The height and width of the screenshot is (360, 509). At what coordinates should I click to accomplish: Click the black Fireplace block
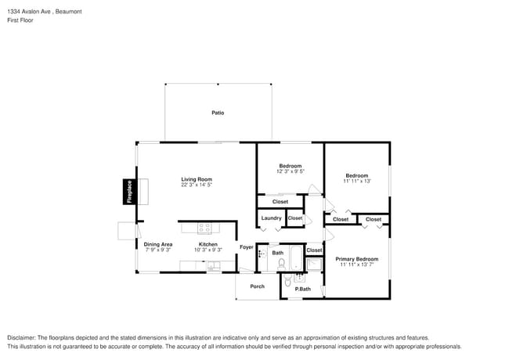pyautogui.click(x=129, y=192)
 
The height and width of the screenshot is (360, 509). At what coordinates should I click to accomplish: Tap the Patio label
pyautogui.click(x=218, y=113)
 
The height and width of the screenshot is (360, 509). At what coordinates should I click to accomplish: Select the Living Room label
pyautogui.click(x=197, y=179)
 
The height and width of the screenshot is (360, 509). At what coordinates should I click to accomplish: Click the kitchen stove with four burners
pyautogui.click(x=205, y=229)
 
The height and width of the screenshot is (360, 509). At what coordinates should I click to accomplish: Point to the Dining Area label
pyautogui.click(x=158, y=244)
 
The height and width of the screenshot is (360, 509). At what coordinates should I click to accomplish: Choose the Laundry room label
pyautogui.click(x=272, y=218)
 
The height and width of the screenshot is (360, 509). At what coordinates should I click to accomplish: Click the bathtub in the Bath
pyautogui.click(x=296, y=258)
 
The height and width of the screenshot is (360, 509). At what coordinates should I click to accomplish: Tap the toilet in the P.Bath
pyautogui.click(x=287, y=280)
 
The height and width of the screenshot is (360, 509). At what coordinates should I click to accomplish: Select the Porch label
pyautogui.click(x=258, y=286)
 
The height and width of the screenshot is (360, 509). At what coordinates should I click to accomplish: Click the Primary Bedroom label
pyautogui.click(x=357, y=259)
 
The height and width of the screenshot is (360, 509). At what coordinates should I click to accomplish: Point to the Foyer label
pyautogui.click(x=247, y=247)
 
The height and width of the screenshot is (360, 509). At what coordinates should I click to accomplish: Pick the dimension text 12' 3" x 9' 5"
pyautogui.click(x=291, y=171)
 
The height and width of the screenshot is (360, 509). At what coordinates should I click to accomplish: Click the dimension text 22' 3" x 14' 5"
pyautogui.click(x=197, y=185)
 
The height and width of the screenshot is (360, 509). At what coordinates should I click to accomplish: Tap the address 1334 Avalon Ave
pyautogui.click(x=29, y=12)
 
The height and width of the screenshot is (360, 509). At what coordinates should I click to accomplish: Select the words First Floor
pyautogui.click(x=20, y=20)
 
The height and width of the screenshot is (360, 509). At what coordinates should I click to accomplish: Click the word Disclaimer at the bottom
pyautogui.click(x=21, y=338)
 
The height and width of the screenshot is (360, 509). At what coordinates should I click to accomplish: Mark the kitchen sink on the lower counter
pyautogui.click(x=214, y=266)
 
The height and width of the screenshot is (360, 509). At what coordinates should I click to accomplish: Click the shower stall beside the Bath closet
pyautogui.click(x=315, y=265)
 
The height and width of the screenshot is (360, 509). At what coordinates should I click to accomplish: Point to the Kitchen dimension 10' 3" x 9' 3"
pyautogui.click(x=208, y=250)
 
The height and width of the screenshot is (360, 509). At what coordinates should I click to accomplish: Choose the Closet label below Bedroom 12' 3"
pyautogui.click(x=280, y=202)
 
